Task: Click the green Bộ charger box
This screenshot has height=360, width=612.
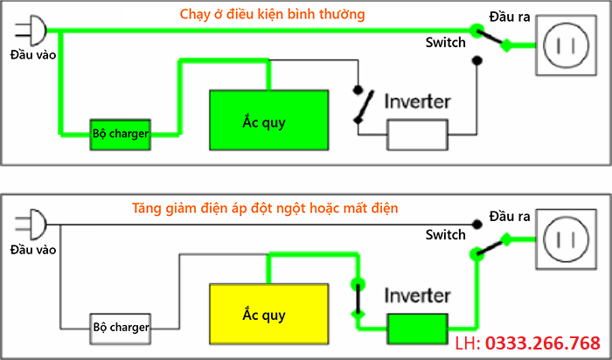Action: pyautogui.click(x=120, y=134)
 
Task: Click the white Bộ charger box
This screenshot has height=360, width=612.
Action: pyautogui.click(x=120, y=328)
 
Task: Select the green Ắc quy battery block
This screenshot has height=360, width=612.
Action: pyautogui.click(x=269, y=121)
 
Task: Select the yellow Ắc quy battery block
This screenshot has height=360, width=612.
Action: pyautogui.click(x=269, y=314)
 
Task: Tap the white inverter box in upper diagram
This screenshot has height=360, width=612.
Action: pyautogui.click(x=418, y=135)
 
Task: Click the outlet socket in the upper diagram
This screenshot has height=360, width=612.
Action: pyautogui.click(x=565, y=47)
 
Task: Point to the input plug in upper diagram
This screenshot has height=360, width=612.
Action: pyautogui.click(x=31, y=30)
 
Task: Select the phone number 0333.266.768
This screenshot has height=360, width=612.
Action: pyautogui.click(x=542, y=343)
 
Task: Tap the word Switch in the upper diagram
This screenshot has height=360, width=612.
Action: pyautogui.click(x=445, y=42)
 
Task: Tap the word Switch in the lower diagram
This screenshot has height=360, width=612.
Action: pyautogui.click(x=445, y=235)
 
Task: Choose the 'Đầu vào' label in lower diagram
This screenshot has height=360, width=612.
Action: pyautogui.click(x=32, y=250)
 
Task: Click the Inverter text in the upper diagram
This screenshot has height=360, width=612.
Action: pyautogui.click(x=417, y=101)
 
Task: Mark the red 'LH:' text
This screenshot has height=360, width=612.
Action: pyautogui.click(x=469, y=343)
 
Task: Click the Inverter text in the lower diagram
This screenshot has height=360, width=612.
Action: pyautogui.click(x=417, y=295)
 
